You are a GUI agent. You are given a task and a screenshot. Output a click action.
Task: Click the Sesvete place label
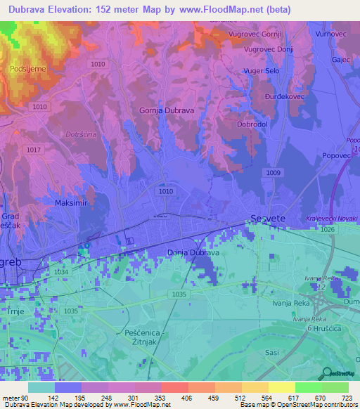[x=269, y=219]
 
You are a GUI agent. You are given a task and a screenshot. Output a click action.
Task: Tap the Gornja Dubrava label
[x=167, y=111]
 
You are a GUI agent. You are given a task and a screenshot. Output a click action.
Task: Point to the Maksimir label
[x=71, y=202]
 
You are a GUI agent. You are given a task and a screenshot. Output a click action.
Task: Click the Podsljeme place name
[x=28, y=69]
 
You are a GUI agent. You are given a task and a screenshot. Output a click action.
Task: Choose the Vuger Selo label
[x=262, y=72]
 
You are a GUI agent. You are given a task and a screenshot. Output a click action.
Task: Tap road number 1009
[x=274, y=172]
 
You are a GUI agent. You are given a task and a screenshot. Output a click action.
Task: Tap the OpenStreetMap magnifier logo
[x=327, y=373]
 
